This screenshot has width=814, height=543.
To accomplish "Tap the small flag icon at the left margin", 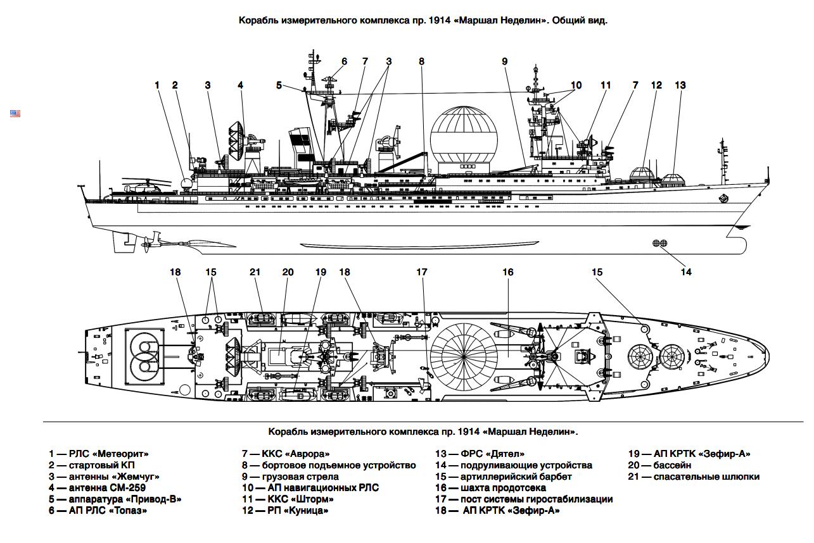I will click(x=15, y=113).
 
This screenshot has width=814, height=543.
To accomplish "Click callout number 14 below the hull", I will click(x=686, y=272).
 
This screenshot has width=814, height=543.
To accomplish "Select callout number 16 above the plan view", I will click(x=507, y=272).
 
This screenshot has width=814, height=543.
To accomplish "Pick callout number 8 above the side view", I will click(x=421, y=61).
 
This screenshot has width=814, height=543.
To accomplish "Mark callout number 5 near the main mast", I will click(x=279, y=85).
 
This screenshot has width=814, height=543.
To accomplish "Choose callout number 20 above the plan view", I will click(x=288, y=272).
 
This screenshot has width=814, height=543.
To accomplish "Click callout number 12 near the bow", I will click(x=656, y=85).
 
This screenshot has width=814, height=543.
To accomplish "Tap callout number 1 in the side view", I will click(x=158, y=85).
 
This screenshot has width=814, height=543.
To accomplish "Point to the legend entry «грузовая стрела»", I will click(x=298, y=477).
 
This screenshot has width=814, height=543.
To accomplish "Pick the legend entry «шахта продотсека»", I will click(x=497, y=488).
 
